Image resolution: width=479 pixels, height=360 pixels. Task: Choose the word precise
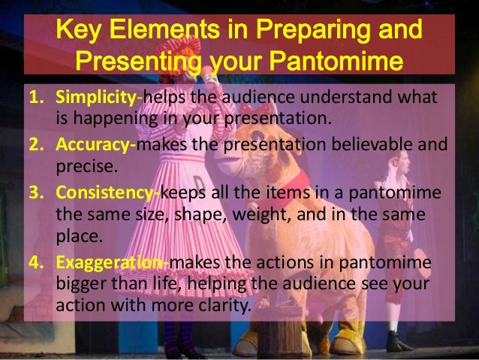coord(81,164)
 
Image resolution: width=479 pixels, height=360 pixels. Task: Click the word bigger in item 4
coord(81,285)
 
